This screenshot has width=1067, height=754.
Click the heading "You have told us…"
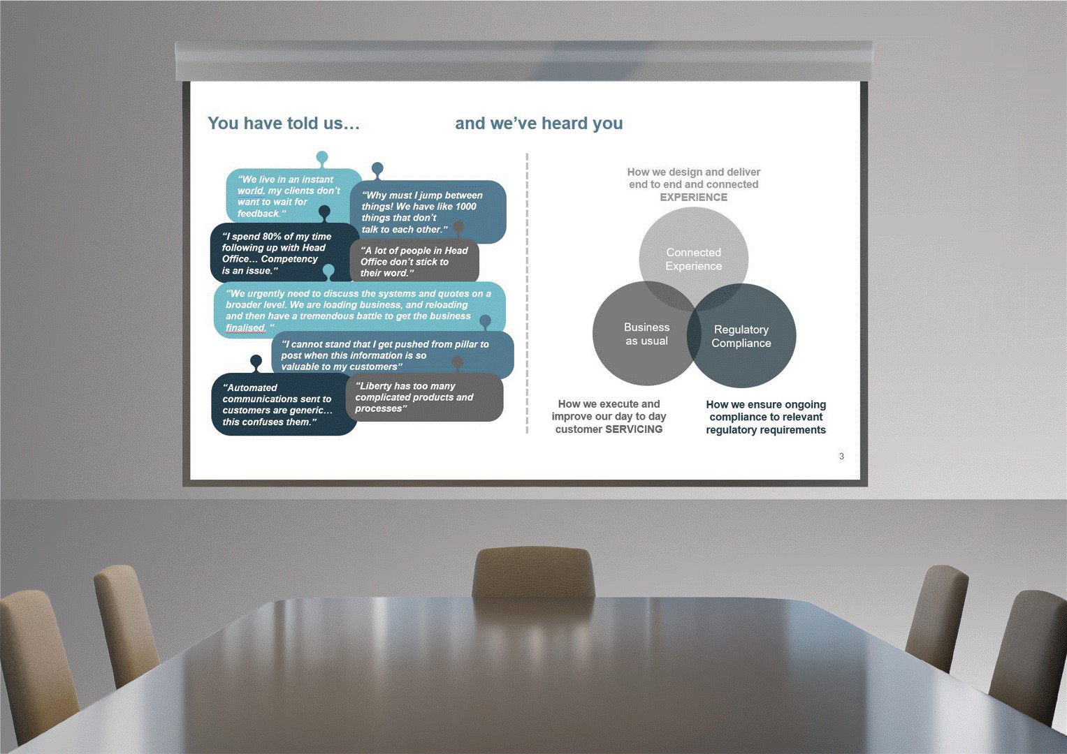pyautogui.click(x=284, y=124)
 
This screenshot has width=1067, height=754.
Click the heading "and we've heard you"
pyautogui.click(x=539, y=124)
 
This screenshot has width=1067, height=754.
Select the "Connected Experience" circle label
pyautogui.click(x=693, y=259)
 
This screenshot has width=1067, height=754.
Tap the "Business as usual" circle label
pyautogui.click(x=646, y=334)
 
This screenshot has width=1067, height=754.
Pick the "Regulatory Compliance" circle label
pyautogui.click(x=741, y=337)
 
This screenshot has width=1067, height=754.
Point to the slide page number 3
pyautogui.click(x=841, y=457)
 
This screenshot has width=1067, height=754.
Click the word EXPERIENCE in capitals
pyautogui.click(x=693, y=198)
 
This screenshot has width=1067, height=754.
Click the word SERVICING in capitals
pyautogui.click(x=634, y=429)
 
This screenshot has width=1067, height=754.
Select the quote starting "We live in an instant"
pyautogui.click(x=288, y=196)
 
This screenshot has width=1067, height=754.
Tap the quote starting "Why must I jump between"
pyautogui.click(x=421, y=212)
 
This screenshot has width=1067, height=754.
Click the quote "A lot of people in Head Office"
pyautogui.click(x=414, y=262)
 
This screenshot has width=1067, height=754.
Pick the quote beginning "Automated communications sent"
pyautogui.click(x=277, y=405)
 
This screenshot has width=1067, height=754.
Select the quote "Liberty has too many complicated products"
pyautogui.click(x=414, y=397)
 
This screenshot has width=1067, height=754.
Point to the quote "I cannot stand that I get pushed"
pyautogui.click(x=384, y=355)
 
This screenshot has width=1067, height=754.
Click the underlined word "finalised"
pyautogui.click(x=245, y=328)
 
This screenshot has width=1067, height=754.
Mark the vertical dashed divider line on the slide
pyautogui.click(x=527, y=293)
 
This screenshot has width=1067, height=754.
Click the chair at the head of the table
pyautogui.click(x=534, y=571)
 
